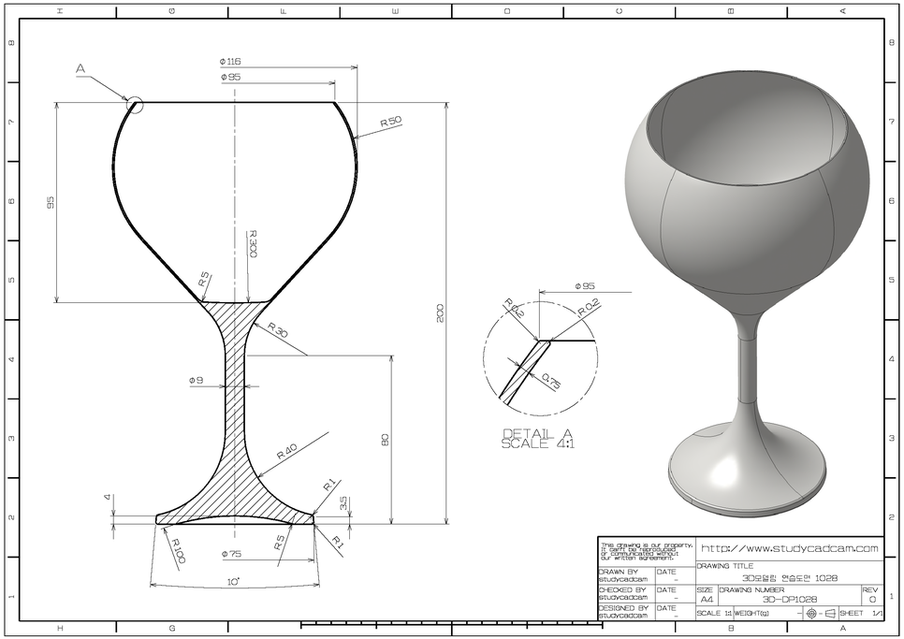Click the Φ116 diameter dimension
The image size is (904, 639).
230,61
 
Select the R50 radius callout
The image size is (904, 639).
390,123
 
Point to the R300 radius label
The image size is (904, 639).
253,244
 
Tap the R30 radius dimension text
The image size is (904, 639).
278,330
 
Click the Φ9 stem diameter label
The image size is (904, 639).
196,381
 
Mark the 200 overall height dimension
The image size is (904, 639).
440,313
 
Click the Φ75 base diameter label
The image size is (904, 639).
231,555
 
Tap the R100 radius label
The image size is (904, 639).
176,550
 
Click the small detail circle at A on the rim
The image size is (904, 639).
136,105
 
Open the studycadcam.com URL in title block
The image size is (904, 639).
789,548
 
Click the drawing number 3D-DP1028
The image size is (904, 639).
789,600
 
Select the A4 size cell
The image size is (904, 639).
706,600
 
